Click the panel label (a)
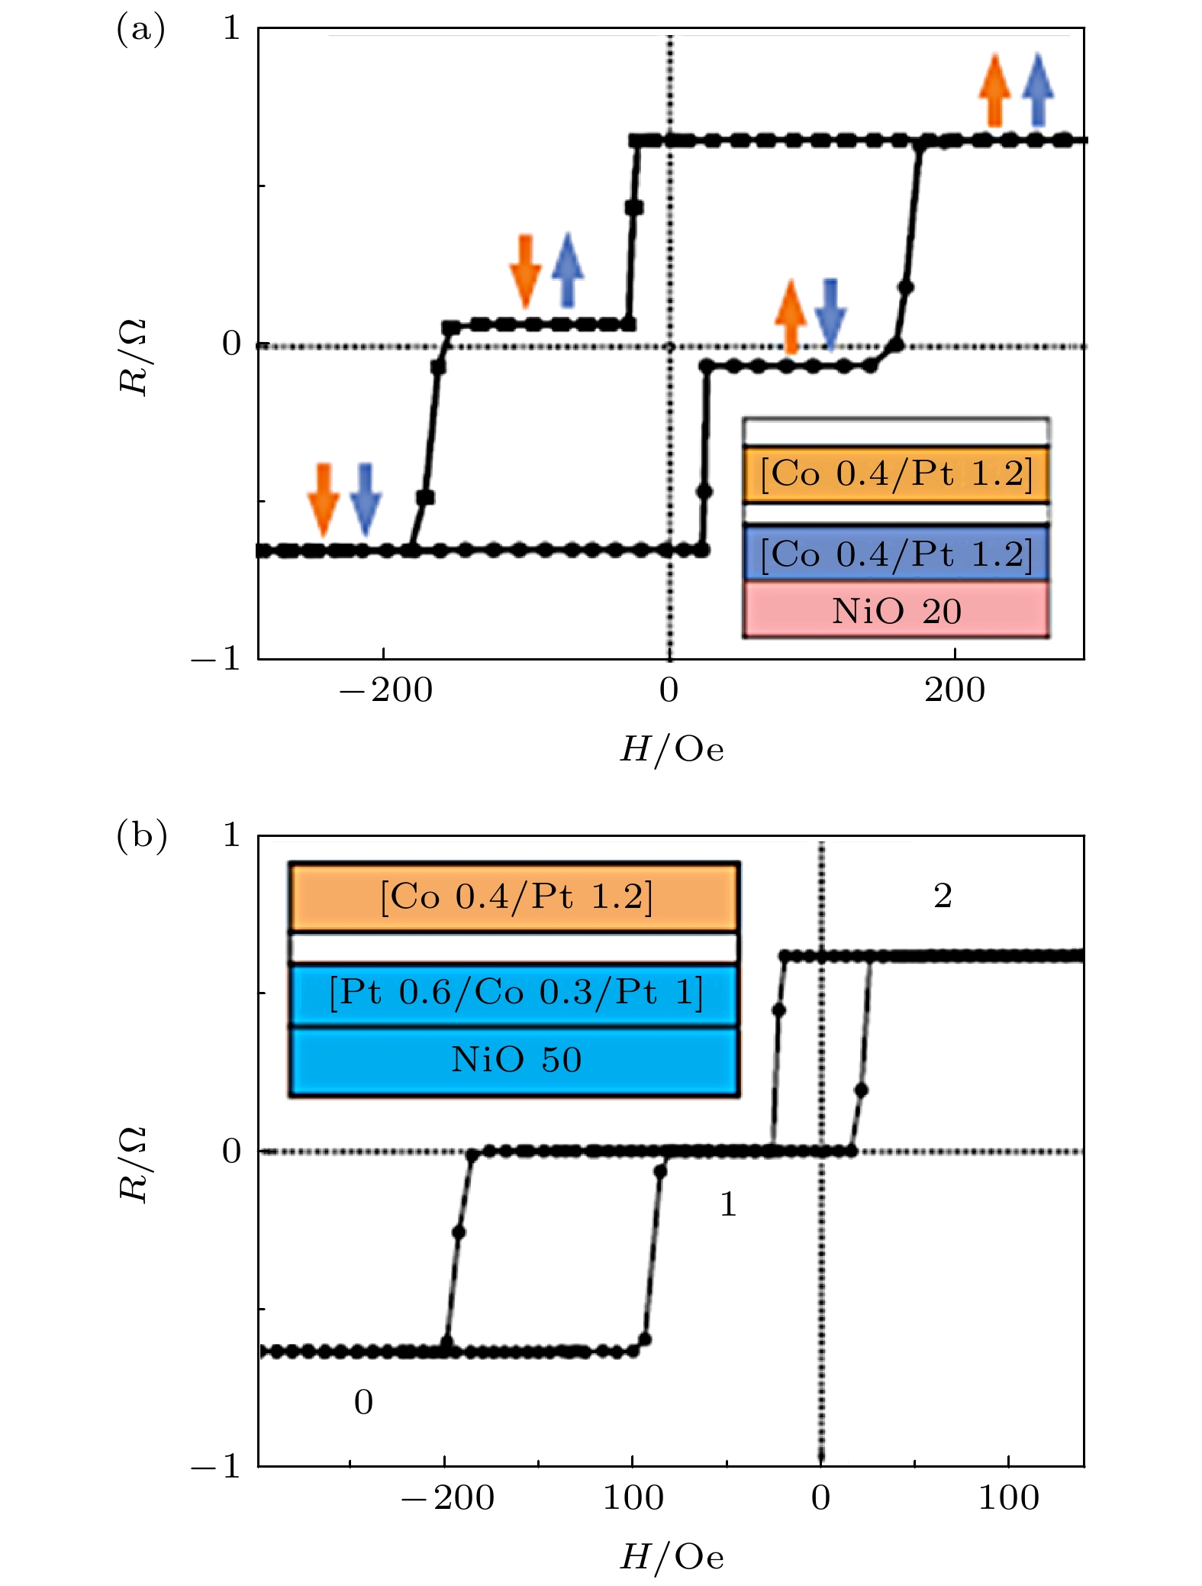(140, 31)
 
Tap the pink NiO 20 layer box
(896, 611)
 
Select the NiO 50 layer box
(515, 1061)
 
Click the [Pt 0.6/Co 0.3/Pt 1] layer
(515, 993)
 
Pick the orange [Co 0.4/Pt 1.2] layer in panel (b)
(515, 896)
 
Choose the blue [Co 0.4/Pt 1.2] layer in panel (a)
(896, 554)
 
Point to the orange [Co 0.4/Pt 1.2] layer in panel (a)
(896, 474)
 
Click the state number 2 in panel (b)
(943, 896)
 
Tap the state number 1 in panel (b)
(728, 1204)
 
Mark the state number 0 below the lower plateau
(363, 1402)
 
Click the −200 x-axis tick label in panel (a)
(386, 691)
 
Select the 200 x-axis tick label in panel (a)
(955, 691)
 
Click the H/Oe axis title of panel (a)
(672, 750)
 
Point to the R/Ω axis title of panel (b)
(134, 1164)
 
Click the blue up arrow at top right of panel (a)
(1038, 89)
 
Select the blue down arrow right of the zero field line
(830, 313)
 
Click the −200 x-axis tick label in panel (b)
(448, 1498)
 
